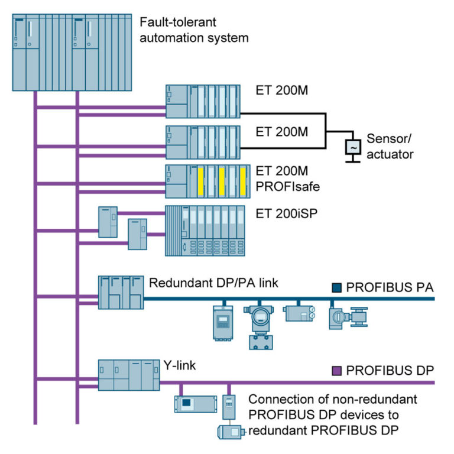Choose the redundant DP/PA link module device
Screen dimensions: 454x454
121,292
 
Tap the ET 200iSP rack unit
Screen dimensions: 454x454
205,231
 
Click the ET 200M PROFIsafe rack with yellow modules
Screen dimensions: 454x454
203,181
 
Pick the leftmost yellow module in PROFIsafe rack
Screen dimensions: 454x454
201,181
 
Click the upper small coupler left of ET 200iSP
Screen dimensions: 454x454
108,221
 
